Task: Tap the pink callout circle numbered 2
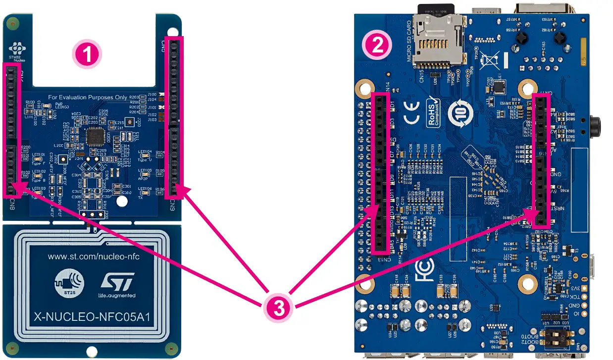tap(378, 46)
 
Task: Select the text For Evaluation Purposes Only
tap(88, 97)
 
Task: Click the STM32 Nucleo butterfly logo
tap(18, 49)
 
